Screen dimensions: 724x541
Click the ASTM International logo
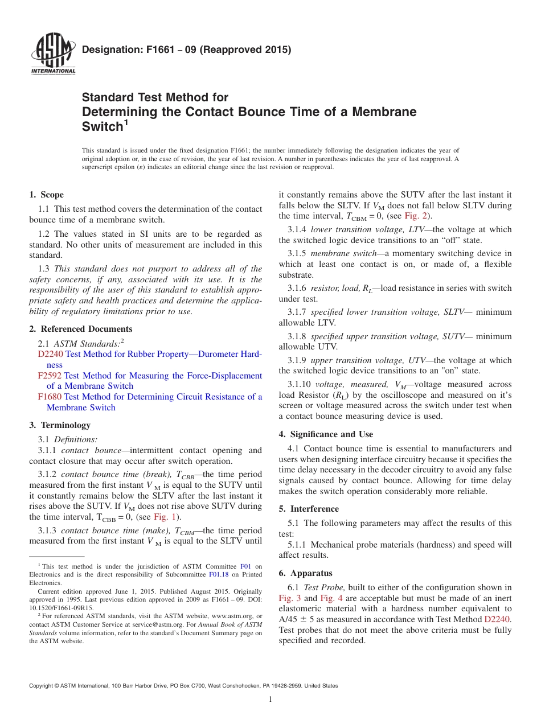coord(53,55)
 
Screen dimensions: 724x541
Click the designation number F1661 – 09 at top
coord(186,50)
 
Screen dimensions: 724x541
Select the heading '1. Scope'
coord(47,195)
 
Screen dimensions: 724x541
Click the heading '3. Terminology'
coord(60,425)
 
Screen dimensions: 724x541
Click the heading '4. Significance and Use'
coord(326,434)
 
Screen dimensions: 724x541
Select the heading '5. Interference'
coord(309,509)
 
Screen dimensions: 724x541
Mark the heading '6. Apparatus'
coord(306,573)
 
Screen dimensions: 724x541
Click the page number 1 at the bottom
coord(270,700)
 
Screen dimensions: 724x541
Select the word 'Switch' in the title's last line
coord(103,126)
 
